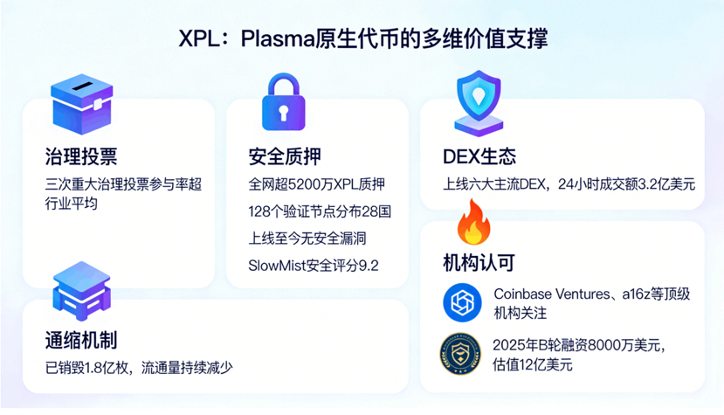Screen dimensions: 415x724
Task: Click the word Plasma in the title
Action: (278, 40)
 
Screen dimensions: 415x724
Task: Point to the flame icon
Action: (474, 223)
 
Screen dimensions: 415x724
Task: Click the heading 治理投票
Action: (81, 157)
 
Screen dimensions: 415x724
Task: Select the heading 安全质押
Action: (285, 157)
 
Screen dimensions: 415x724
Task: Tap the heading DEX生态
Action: (479, 157)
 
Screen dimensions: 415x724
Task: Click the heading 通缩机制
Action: (81, 340)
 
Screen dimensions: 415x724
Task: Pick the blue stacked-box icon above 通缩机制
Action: (81, 289)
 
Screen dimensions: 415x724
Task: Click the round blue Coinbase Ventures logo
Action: (463, 303)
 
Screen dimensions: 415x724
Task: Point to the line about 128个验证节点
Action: (320, 211)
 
